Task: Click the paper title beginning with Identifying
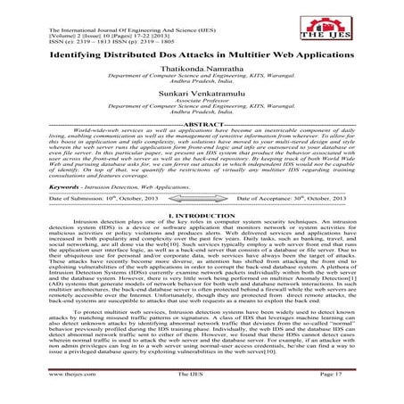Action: point(202,55)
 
